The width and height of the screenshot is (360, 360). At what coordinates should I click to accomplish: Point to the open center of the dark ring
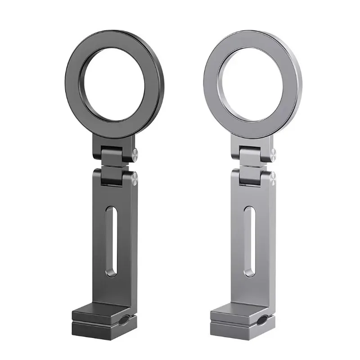(x=113, y=85)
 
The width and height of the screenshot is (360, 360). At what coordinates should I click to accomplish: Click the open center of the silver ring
(x=252, y=85)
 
